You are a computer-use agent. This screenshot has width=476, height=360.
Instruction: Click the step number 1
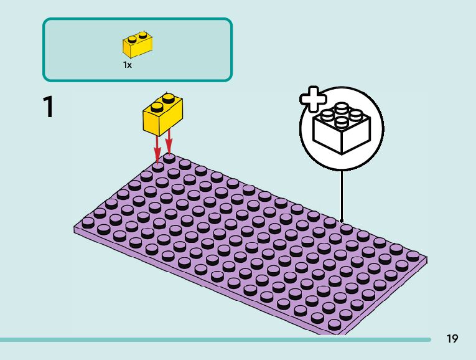47,107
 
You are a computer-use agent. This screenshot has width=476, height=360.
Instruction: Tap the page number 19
452,339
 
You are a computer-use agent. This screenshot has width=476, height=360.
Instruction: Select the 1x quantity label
127,65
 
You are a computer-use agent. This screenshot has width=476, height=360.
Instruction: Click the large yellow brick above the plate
163,116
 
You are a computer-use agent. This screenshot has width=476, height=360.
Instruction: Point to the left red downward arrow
157,147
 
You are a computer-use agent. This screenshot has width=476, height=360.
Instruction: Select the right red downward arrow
169,142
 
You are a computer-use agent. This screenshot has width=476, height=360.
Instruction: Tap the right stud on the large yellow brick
168,98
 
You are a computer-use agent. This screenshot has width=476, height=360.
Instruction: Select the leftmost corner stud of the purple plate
88,221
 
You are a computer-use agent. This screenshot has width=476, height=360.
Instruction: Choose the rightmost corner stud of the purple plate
413,255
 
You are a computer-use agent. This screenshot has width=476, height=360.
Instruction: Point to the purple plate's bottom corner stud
334,324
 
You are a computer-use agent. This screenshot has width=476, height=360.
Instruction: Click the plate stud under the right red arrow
169,158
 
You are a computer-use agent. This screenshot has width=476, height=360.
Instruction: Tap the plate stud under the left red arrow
158,166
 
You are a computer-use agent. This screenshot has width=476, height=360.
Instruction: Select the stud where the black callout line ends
346,229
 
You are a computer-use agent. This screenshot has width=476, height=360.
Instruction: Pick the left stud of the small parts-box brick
133,38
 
